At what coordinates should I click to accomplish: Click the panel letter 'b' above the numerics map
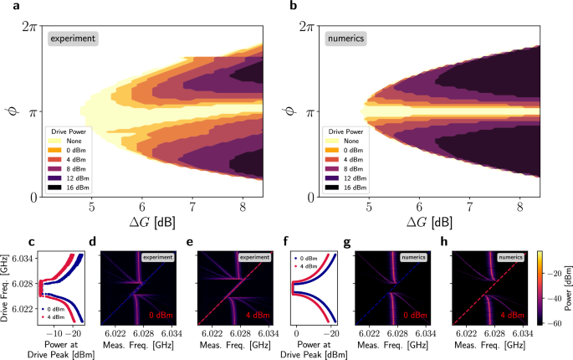[x=294, y=7]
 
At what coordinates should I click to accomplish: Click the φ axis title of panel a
[x=9, y=111]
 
